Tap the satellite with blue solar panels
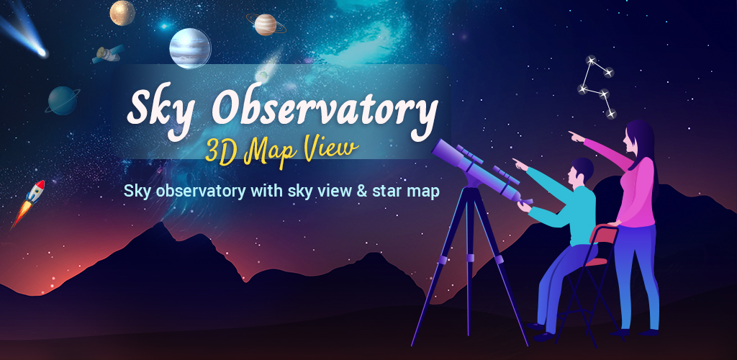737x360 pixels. [x=108, y=54]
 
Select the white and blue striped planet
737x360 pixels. [x=190, y=48]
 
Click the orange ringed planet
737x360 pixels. [x=266, y=24]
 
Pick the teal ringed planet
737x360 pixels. [x=63, y=101]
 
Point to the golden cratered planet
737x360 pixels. [x=122, y=13]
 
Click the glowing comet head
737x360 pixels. [x=42, y=52]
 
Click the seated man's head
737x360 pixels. [x=579, y=172]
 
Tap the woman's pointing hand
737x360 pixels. [x=576, y=136]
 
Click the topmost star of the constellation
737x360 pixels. [x=591, y=60]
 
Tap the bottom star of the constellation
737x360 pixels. [x=610, y=113]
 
